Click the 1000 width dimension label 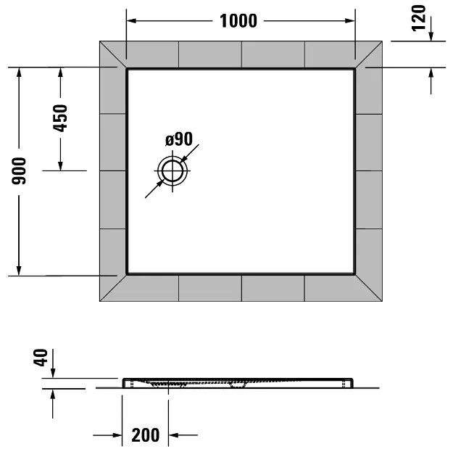[x=238, y=21]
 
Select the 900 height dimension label [x=19, y=170]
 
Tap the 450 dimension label [x=60, y=118]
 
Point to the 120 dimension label [x=418, y=18]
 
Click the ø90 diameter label [x=179, y=139]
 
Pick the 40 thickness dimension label [x=41, y=358]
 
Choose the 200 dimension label [x=145, y=435]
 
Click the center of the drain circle [x=173, y=170]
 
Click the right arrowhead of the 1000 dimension [x=349, y=21]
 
